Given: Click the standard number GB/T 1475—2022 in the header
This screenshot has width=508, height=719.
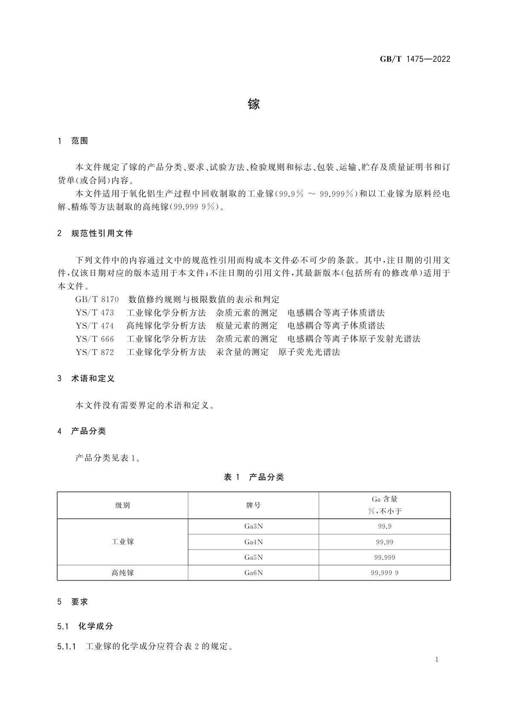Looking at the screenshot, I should tap(415, 59).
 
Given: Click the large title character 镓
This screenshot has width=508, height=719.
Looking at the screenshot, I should tap(254, 104).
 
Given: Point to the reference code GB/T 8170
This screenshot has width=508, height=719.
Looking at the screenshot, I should tap(97, 300).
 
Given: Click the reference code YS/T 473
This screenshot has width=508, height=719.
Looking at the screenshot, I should tap(95, 313).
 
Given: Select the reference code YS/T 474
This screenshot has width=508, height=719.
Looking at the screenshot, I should tap(95, 326).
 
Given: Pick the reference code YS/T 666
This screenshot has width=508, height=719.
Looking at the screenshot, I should tap(95, 339).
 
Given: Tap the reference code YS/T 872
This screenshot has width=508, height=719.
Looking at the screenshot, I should tap(95, 352).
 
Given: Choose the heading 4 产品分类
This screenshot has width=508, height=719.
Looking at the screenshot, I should tap(81, 431).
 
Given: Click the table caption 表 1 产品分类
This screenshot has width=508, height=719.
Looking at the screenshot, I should tap(254, 477).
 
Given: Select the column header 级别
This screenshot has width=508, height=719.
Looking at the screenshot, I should tap(122, 506).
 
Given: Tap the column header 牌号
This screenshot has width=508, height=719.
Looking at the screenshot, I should tap(253, 506).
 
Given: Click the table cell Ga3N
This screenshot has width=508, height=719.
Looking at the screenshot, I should tap(253, 526).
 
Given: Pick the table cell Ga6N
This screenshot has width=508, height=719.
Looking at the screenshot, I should tap(253, 573).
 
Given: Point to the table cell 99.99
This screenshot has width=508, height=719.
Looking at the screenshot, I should tap(384, 542).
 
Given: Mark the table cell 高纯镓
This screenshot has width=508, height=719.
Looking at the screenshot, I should tap(122, 573).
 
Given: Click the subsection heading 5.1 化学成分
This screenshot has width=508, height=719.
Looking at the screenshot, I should tap(85, 626).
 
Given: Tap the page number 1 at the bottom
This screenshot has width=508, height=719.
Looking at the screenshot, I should tap(437, 660).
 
